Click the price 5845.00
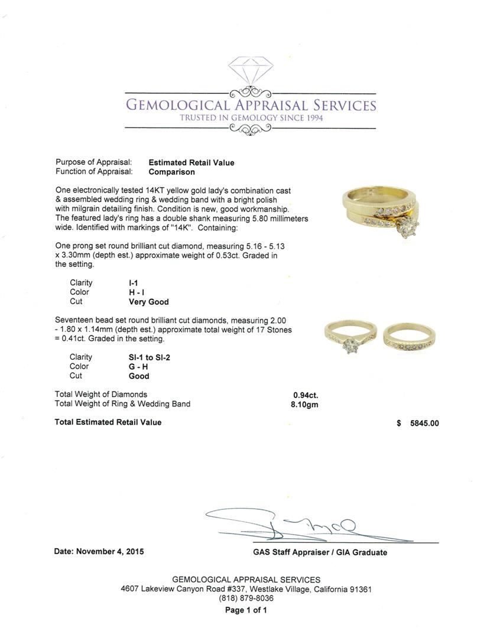click(x=424, y=423)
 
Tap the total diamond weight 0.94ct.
click(x=306, y=395)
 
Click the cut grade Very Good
click(x=148, y=302)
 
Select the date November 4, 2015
click(x=99, y=552)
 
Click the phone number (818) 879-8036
click(x=246, y=598)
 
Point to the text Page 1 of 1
click(x=246, y=610)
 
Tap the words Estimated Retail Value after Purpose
click(x=191, y=162)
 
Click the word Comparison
click(x=171, y=172)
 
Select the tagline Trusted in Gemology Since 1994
click(x=251, y=118)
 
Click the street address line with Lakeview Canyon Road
click(x=246, y=589)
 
